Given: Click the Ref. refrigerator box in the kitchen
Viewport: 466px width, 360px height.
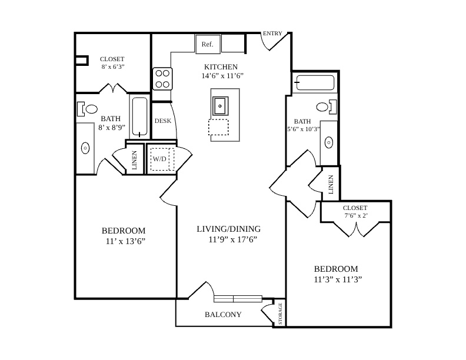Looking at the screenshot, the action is tap(208, 44).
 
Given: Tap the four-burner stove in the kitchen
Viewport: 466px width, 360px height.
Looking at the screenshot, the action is tap(162, 79).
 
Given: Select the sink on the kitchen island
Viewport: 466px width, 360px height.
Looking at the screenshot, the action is tap(220, 106).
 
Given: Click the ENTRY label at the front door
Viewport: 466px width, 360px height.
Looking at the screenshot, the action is tap(272, 34).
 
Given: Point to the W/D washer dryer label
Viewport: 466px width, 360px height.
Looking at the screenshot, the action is tap(159, 159).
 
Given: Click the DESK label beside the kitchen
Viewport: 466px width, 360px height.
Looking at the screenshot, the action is tap(163, 121).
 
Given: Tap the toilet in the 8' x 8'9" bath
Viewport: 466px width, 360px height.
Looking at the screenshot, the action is tap(87, 109).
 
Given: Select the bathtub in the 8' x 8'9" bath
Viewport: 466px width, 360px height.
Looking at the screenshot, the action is tap(139, 116).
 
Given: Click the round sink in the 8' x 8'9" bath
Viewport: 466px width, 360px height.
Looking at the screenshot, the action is tap(85, 148).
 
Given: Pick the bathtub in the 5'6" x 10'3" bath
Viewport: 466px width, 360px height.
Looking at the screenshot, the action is tap(315, 82).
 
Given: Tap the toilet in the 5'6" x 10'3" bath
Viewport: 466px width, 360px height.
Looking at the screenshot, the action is tap(327, 107).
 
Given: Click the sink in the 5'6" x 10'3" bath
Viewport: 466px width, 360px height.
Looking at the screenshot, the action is tap(328, 142).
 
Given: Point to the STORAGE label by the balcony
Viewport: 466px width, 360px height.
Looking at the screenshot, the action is tap(280, 314).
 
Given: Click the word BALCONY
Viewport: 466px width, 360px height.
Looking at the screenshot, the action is tap(223, 314).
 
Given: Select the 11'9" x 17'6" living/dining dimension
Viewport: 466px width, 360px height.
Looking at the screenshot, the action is tap(232, 239).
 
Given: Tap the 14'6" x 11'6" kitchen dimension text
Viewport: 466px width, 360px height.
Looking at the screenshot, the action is tap(222, 76).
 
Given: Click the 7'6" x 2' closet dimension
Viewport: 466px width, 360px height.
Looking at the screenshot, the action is tap(356, 216).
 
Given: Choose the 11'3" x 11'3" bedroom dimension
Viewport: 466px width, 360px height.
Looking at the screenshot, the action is tap(338, 279).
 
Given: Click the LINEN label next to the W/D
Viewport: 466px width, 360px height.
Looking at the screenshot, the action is tap(134, 160).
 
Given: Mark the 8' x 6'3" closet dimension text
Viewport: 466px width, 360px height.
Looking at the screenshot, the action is tap(113, 67).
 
